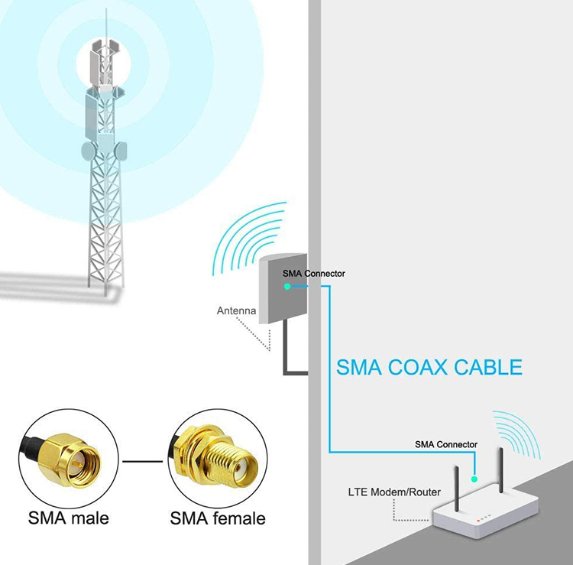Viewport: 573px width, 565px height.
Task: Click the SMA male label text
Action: [69, 518]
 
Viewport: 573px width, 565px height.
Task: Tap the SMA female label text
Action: [218, 518]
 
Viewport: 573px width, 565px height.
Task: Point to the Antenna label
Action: [236, 311]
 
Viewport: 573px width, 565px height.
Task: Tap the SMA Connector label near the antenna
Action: [313, 273]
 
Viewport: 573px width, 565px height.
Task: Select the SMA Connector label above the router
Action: [446, 444]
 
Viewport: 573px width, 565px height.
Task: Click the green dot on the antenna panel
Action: [286, 286]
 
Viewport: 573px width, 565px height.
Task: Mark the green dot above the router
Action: [474, 479]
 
